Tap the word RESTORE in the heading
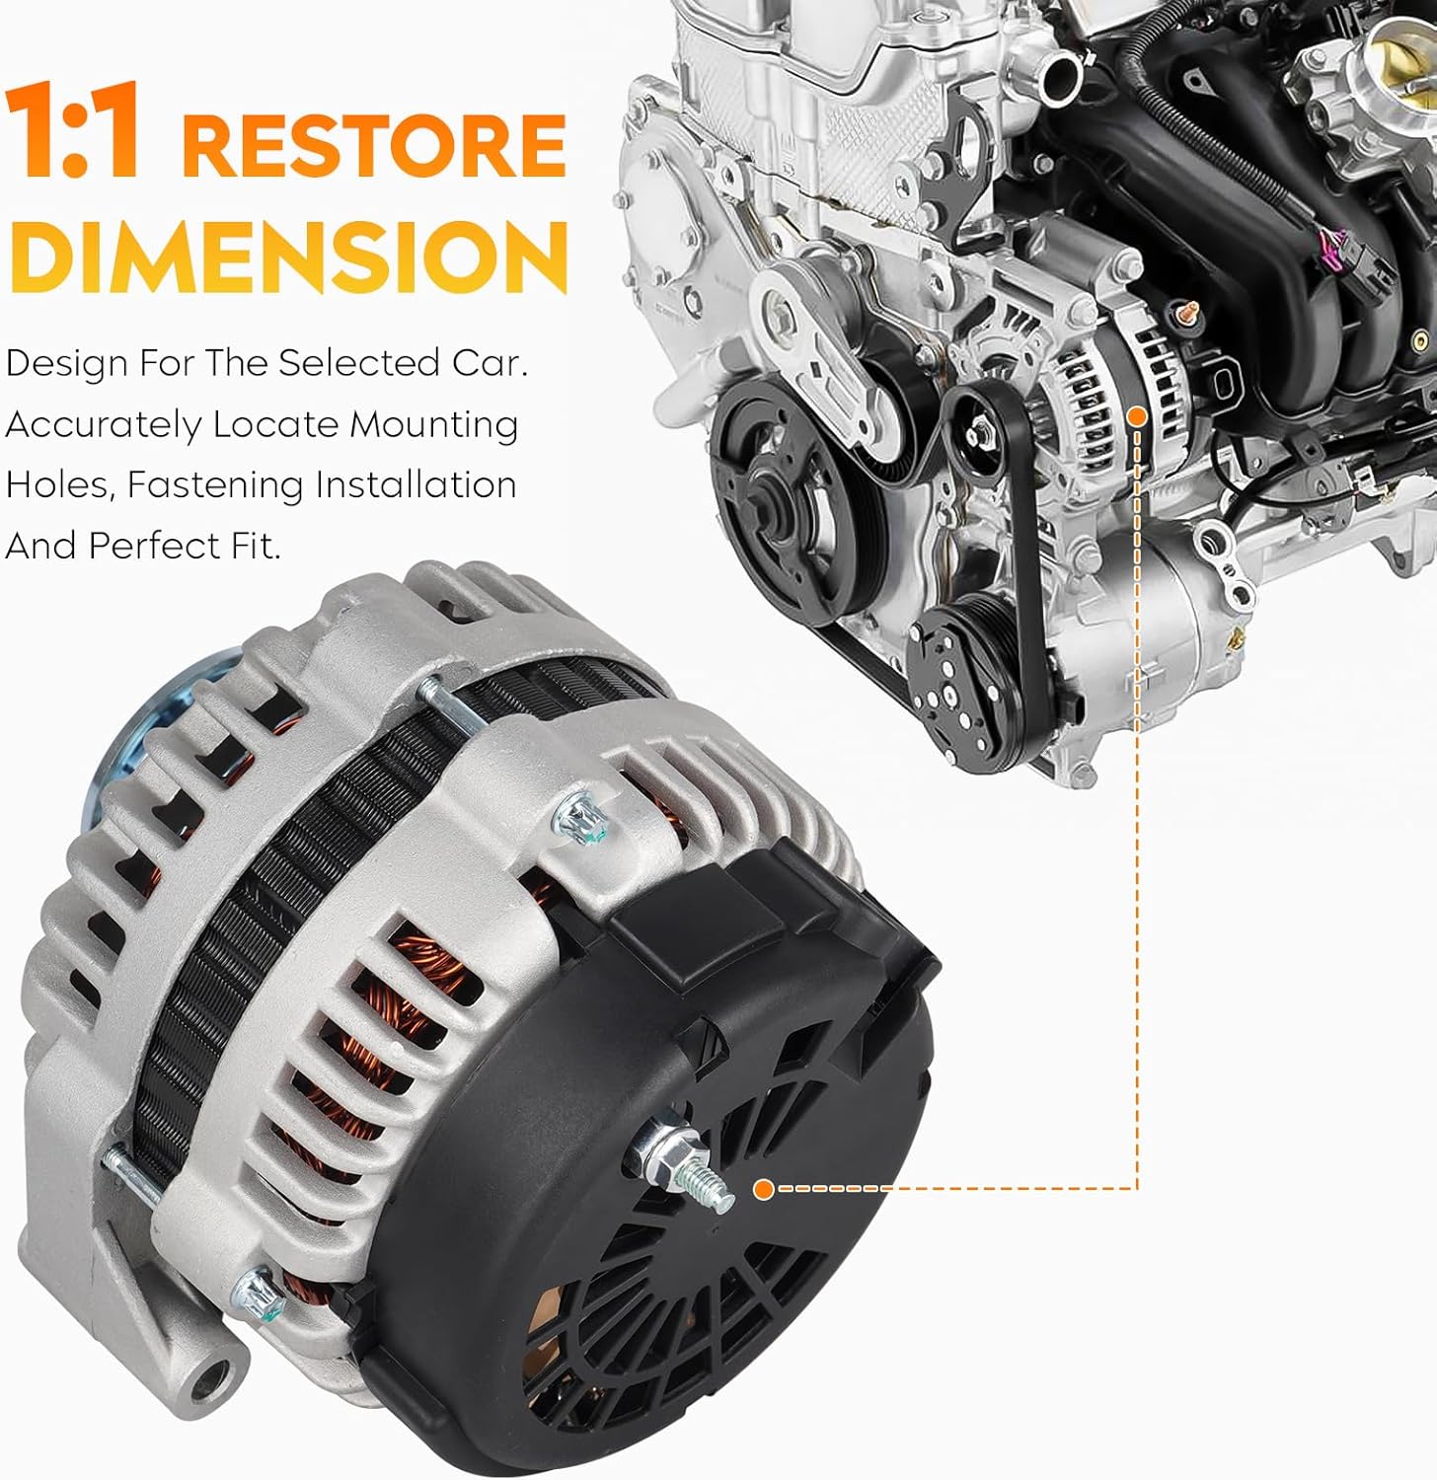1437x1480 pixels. pyautogui.click(x=373, y=145)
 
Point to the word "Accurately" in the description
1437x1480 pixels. pyautogui.click(x=103, y=425)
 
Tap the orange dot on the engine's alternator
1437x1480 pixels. pyautogui.click(x=1137, y=416)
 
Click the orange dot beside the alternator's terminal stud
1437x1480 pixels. pyautogui.click(x=762, y=1189)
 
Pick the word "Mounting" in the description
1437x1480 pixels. pyautogui.click(x=433, y=425)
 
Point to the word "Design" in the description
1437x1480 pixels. pyautogui.click(x=65, y=365)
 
